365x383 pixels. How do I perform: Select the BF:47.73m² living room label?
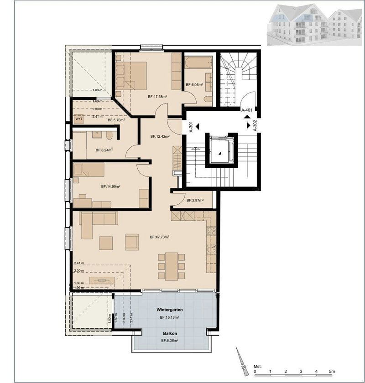[160, 237]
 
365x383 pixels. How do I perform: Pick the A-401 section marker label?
[247, 110]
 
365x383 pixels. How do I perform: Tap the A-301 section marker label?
[190, 126]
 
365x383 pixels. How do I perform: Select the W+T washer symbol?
[79, 119]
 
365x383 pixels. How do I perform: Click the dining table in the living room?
[171, 266]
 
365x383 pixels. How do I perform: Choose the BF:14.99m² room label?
[110, 186]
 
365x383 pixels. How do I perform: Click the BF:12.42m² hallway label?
[160, 136]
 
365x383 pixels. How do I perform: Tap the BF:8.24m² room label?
[104, 150]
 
